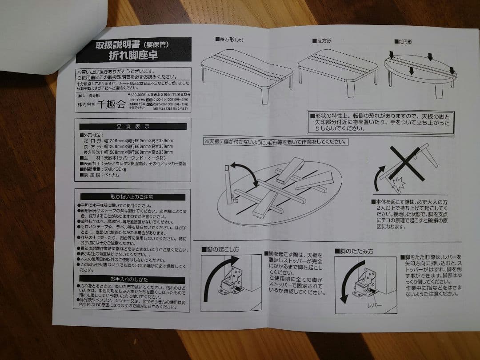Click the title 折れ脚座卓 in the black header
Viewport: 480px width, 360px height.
pyautogui.click(x=133, y=56)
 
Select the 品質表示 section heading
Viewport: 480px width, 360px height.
pyautogui.click(x=133, y=127)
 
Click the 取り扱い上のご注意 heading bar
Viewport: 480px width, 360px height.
pyautogui.click(x=132, y=196)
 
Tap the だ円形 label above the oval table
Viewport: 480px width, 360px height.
pyautogui.click(x=404, y=41)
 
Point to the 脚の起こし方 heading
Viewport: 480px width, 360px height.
pyautogui.click(x=220, y=250)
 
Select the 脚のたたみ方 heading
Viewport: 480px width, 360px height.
pyautogui.click(x=354, y=252)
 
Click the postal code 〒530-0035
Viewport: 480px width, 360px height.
pyautogui.click(x=137, y=95)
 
